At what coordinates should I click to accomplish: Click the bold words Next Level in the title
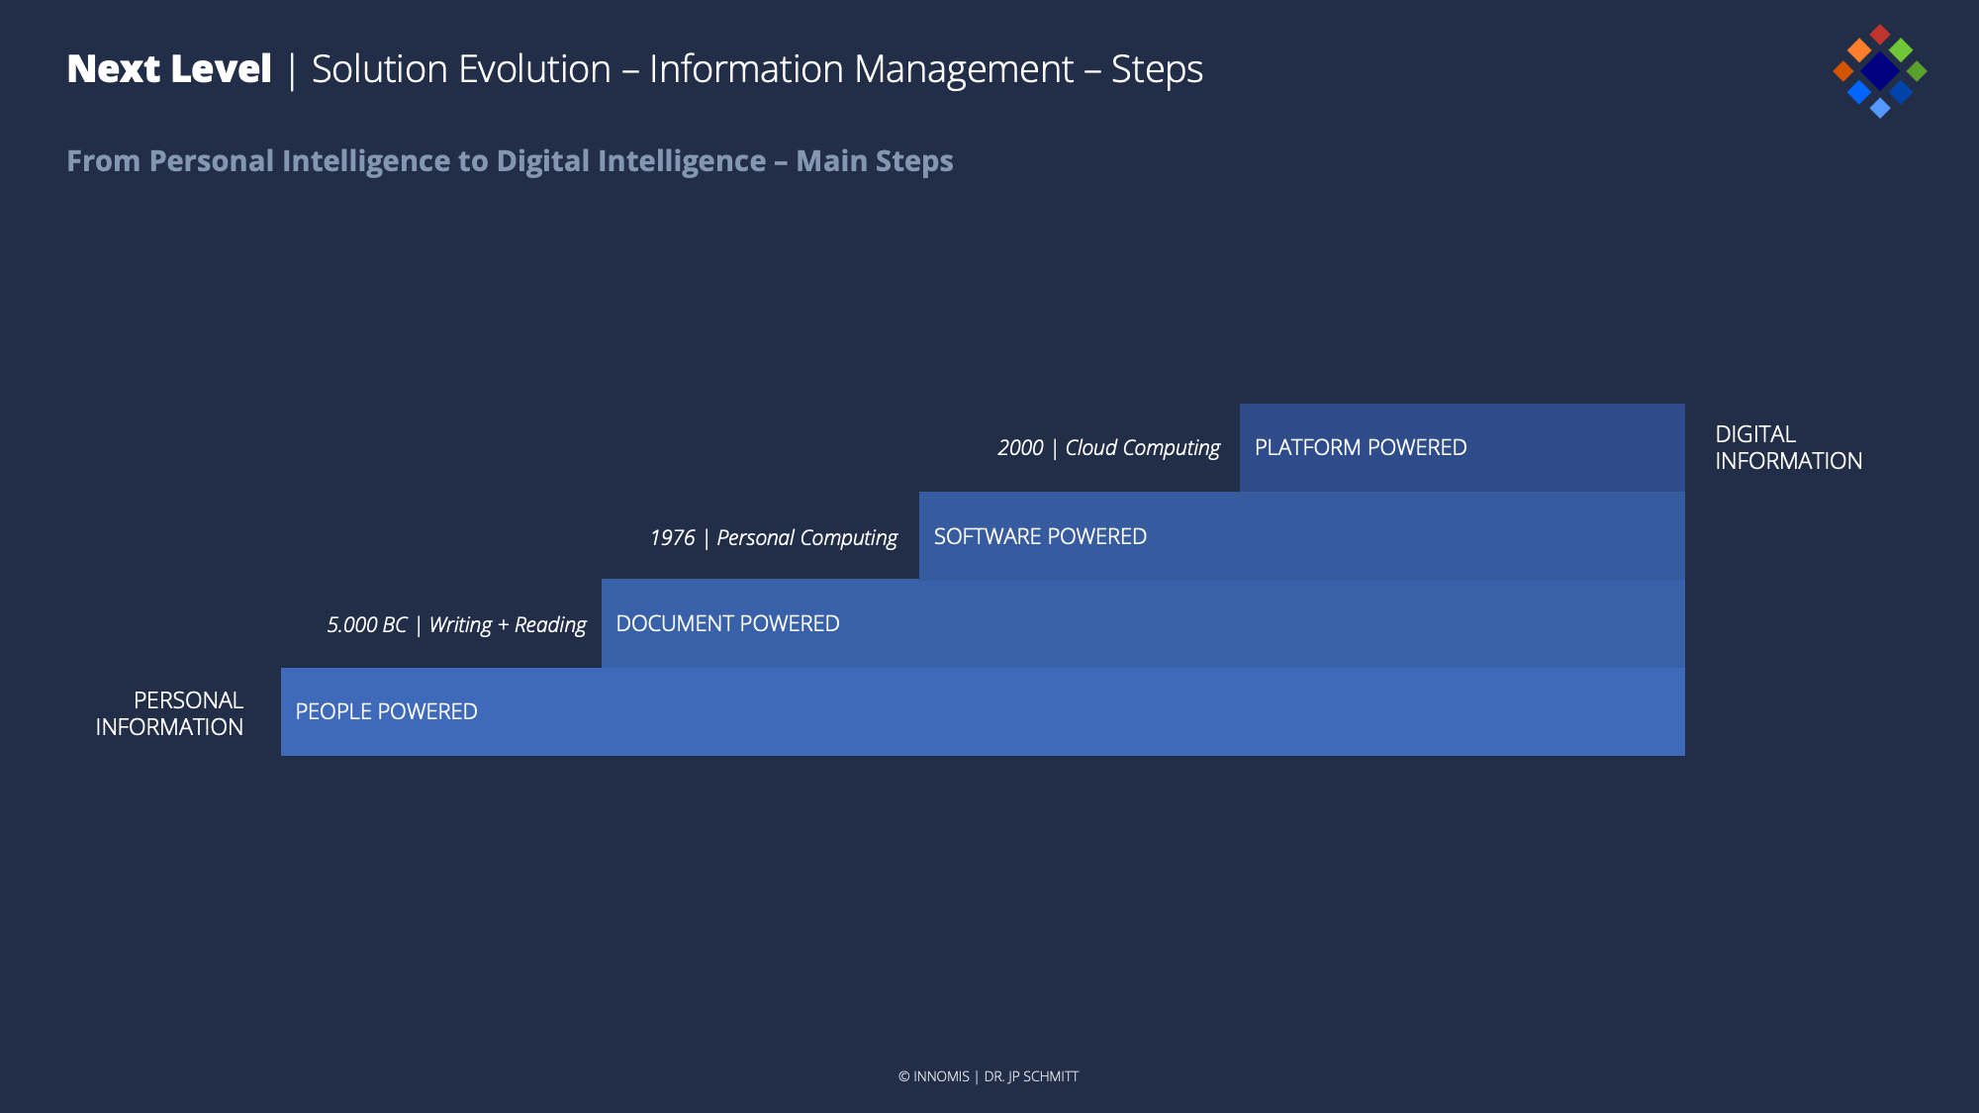point(169,69)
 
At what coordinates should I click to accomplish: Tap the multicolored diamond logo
point(1879,71)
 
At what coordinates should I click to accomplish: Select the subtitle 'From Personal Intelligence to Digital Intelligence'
point(417,161)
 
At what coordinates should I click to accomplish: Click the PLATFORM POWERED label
point(1361,448)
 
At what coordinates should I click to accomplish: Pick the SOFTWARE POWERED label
point(1040,537)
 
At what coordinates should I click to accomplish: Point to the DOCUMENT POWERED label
point(727,624)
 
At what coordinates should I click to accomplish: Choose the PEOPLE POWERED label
point(386,712)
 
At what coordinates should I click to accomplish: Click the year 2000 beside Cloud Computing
point(1020,448)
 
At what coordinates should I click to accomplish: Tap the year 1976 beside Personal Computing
point(673,538)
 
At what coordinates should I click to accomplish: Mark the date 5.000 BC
point(367,625)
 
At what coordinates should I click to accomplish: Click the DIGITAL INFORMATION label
point(1789,448)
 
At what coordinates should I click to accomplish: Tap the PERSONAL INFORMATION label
point(169,714)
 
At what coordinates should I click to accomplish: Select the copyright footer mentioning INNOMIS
point(989,1076)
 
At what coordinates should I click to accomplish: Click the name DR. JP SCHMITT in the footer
point(1031,1076)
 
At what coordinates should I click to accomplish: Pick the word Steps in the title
point(1157,70)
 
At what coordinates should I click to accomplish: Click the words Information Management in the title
point(861,70)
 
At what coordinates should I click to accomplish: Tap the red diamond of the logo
point(1880,35)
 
